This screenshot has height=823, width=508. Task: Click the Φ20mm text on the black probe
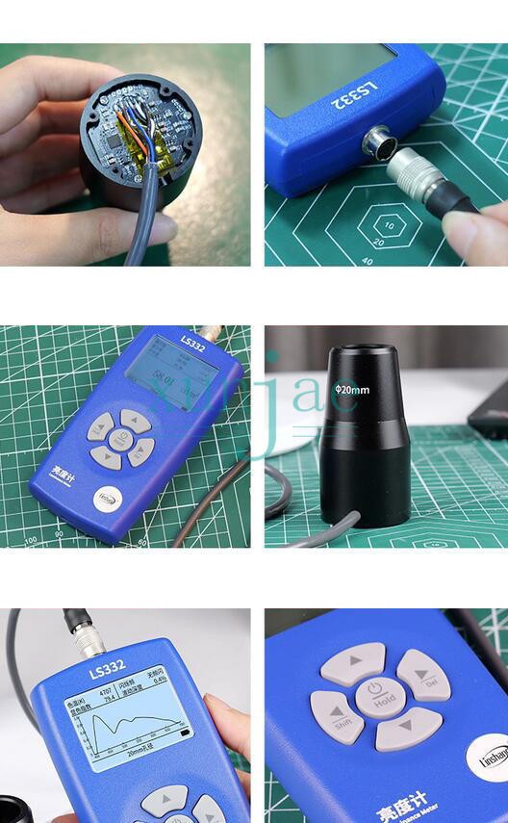tap(351, 390)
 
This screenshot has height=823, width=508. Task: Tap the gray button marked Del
tap(424, 674)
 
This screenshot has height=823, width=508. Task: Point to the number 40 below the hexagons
tap(368, 260)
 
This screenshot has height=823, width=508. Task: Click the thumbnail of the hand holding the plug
tap(386, 154)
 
